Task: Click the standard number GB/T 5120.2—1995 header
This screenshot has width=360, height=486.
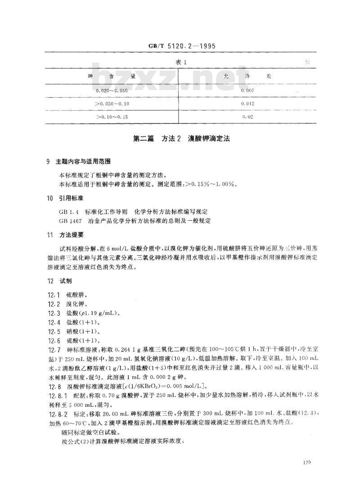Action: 180,46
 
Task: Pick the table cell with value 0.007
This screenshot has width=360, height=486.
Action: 248,91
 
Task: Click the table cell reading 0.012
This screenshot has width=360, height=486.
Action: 248,104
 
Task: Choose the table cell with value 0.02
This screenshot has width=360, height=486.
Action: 248,117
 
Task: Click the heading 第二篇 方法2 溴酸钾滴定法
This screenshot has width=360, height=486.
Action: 181,140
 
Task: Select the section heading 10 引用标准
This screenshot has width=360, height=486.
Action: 65,198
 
